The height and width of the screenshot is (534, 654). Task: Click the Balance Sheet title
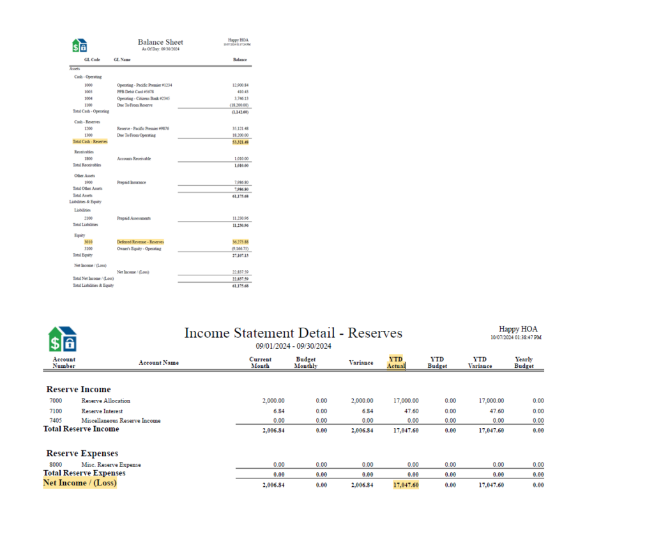coord(160,42)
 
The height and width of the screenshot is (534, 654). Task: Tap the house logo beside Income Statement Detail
coord(63,339)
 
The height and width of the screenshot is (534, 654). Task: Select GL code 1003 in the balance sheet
coord(88,91)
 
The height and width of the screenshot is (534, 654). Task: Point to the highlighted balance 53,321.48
coord(240,142)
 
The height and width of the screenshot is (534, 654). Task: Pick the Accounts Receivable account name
coord(133,158)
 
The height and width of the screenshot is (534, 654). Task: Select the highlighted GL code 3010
coord(88,242)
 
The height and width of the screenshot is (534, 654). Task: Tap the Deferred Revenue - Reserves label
coord(140,242)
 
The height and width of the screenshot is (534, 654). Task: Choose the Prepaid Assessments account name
coord(133,218)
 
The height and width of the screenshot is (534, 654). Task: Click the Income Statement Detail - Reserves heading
coord(293,333)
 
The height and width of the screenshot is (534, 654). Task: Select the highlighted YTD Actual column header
coord(396,363)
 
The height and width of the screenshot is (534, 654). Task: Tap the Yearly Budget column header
coord(524,363)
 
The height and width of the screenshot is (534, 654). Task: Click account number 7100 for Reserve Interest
coord(56,411)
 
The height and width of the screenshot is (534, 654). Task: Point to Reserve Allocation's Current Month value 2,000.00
coord(278,401)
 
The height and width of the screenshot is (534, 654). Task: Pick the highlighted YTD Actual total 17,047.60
coord(406,485)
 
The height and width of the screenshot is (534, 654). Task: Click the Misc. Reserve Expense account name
coord(111,465)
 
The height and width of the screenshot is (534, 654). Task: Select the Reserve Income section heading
coord(79,390)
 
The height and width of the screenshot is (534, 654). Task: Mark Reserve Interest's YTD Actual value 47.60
coord(413,411)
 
